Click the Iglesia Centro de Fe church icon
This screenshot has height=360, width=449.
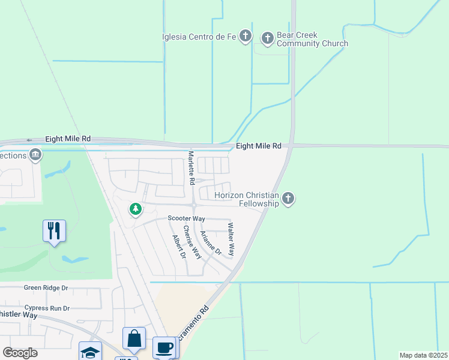pyautogui.click(x=245, y=37)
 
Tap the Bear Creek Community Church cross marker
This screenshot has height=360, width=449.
pyautogui.click(x=268, y=39)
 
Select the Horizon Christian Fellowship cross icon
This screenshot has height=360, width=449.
pyautogui.click(x=288, y=199)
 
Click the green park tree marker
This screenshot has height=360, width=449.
pyautogui.click(x=136, y=209)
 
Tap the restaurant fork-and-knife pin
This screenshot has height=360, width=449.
pyautogui.click(x=54, y=230)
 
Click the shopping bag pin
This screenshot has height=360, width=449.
pyautogui.click(x=134, y=340)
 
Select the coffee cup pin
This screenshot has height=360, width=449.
pyautogui.click(x=164, y=348)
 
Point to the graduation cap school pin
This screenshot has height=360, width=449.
pyautogui.click(x=90, y=352)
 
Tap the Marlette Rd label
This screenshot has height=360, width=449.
pyautogui.click(x=191, y=168)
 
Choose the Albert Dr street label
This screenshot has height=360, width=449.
pyautogui.click(x=178, y=247)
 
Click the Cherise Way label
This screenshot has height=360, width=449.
pyautogui.click(x=192, y=243)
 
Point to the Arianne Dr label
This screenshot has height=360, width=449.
pyautogui.click(x=211, y=243)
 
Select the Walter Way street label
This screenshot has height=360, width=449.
pyautogui.click(x=231, y=239)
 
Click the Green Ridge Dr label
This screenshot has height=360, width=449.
pyautogui.click(x=46, y=288)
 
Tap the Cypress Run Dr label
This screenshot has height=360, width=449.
pyautogui.click(x=47, y=308)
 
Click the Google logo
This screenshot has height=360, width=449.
pyautogui.click(x=20, y=353)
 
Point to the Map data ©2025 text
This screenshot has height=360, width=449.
pyautogui.click(x=423, y=355)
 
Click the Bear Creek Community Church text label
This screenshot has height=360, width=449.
pyautogui.click(x=312, y=40)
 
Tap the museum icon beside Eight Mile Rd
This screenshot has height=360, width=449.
pyautogui.click(x=35, y=155)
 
